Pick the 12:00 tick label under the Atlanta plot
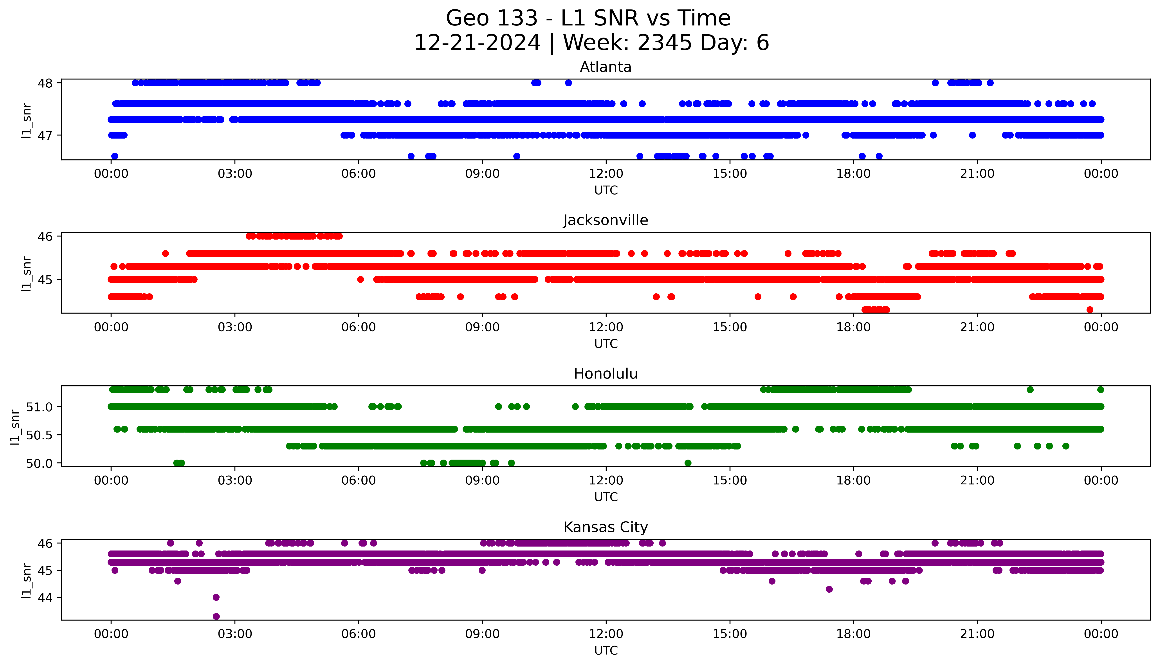click(606, 174)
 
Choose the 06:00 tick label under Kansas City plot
click(359, 634)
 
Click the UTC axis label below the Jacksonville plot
click(606, 343)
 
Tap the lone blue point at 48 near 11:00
click(568, 83)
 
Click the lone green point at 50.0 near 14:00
click(688, 463)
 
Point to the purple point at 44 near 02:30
click(216, 597)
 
